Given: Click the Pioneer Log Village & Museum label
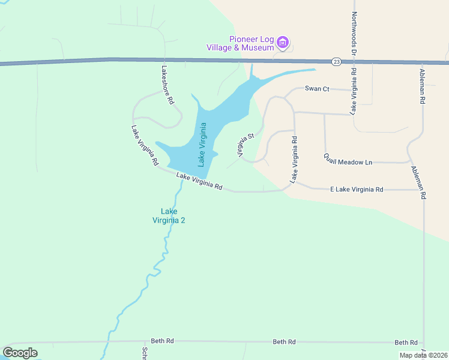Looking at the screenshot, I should [x=240, y=43].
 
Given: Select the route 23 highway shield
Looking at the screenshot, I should [x=336, y=61].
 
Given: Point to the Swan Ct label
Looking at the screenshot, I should [x=317, y=89].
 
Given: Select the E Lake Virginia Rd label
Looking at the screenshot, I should [x=357, y=190].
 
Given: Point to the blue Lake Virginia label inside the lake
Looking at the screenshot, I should [x=202, y=144].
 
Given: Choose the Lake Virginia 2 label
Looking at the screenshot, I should [x=169, y=215].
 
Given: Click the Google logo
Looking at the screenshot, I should [x=20, y=353].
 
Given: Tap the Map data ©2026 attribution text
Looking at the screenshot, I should [x=423, y=355].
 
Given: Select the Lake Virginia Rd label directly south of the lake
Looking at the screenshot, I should [x=199, y=181].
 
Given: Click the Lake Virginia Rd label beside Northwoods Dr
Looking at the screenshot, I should [x=354, y=91].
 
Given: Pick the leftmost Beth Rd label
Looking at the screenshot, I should [x=162, y=341].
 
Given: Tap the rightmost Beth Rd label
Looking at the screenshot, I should [x=406, y=343].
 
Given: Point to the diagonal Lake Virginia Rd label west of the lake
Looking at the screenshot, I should [x=145, y=146].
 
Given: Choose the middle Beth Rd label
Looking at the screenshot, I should [x=284, y=342].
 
